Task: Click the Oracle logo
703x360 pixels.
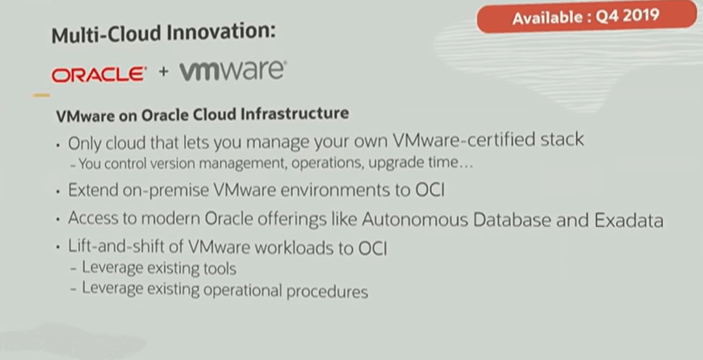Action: [x=98, y=74]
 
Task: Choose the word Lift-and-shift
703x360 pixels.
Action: [x=117, y=249]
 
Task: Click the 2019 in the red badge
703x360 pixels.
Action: [x=640, y=17]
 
